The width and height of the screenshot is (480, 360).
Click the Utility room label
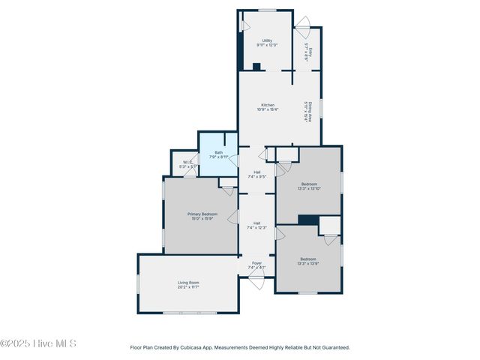point(267,40)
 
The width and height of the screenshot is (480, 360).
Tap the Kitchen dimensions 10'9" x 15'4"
point(268,109)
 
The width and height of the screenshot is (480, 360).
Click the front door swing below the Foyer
point(256,282)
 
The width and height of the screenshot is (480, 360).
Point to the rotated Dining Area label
point(307,112)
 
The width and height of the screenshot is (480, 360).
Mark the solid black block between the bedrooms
point(307,220)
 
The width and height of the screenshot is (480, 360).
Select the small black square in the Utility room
point(256,67)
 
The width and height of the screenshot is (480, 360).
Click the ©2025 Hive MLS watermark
point(38,343)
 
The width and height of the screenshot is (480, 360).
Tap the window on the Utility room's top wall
point(267,10)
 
